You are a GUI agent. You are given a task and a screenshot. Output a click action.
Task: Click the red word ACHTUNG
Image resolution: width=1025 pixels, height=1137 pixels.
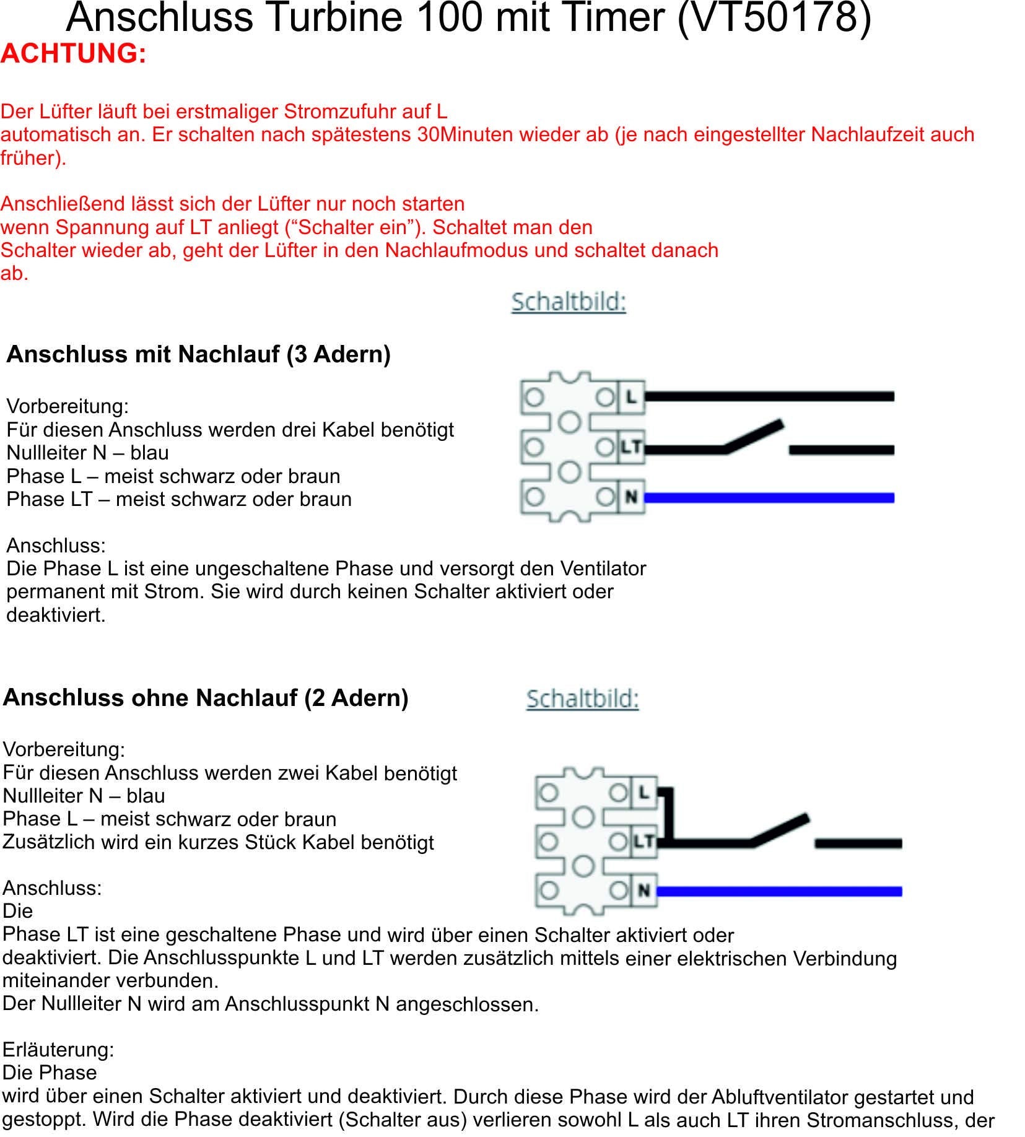coord(73,53)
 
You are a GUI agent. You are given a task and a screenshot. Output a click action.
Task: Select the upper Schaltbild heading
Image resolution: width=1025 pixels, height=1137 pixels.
coord(569,302)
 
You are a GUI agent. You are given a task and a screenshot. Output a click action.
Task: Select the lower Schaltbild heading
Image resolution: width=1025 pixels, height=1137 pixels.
coord(582,699)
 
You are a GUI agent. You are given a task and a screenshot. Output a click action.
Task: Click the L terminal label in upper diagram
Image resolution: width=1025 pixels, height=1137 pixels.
coord(631,396)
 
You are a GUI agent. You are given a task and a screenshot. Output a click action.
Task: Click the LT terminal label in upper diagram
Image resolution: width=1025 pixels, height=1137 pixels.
coord(631,447)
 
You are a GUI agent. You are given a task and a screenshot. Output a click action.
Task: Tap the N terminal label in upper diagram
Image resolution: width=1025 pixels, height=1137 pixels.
coord(631,497)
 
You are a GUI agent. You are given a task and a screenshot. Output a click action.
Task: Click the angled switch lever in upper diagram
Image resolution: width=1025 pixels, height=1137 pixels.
coord(754,436)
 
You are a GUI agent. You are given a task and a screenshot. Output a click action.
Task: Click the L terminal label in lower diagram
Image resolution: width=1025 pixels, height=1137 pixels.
coord(644,792)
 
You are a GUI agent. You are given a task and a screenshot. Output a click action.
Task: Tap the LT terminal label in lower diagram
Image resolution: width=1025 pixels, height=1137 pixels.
coord(644,841)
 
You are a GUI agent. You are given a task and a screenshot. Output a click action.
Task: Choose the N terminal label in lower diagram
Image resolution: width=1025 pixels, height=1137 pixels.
coord(644,891)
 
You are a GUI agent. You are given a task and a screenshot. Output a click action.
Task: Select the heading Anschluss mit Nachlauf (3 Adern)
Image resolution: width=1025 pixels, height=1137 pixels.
coord(198,354)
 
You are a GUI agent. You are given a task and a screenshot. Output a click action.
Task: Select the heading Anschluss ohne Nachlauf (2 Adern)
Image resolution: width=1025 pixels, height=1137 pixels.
coord(206,698)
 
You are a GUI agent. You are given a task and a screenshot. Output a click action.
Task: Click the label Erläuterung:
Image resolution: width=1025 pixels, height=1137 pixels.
coord(58,1049)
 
